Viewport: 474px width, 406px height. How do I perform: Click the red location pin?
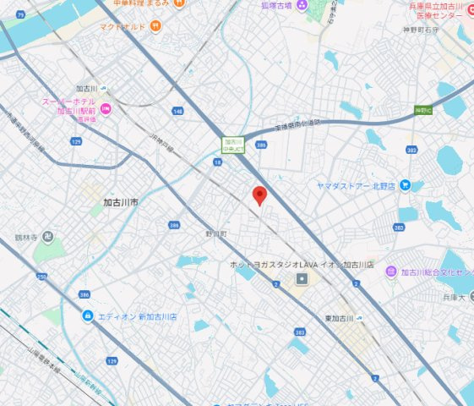[260, 195]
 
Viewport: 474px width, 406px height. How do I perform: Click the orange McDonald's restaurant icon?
[156, 26]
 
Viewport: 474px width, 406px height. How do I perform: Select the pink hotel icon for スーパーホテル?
[106, 109]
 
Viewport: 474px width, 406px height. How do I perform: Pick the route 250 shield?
[41, 277]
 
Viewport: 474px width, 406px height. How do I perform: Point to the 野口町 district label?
[216, 233]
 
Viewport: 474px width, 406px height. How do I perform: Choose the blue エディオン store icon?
[88, 316]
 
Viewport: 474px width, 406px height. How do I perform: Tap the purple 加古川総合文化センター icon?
[390, 272]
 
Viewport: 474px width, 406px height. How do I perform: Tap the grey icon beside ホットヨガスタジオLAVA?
[302, 279]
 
